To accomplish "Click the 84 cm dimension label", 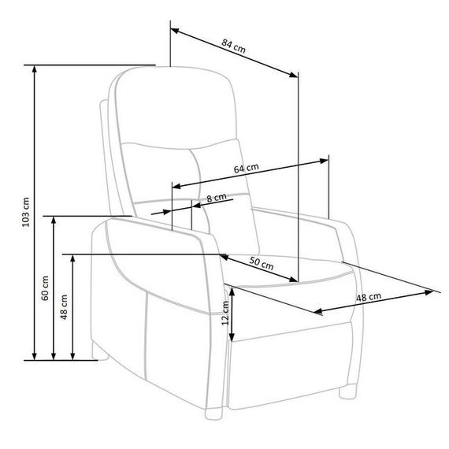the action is [x=234, y=46].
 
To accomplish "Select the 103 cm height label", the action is [x=26, y=212].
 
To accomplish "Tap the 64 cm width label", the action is [x=247, y=169].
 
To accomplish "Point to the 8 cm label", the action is [x=217, y=198].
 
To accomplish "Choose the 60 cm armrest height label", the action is [x=45, y=288].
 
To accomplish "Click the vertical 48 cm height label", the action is [x=64, y=307].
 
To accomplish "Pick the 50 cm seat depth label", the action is [x=262, y=263].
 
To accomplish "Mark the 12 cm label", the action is [x=225, y=313].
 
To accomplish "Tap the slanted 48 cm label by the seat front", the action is [x=369, y=297].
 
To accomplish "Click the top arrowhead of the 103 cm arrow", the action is [x=35, y=69].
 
